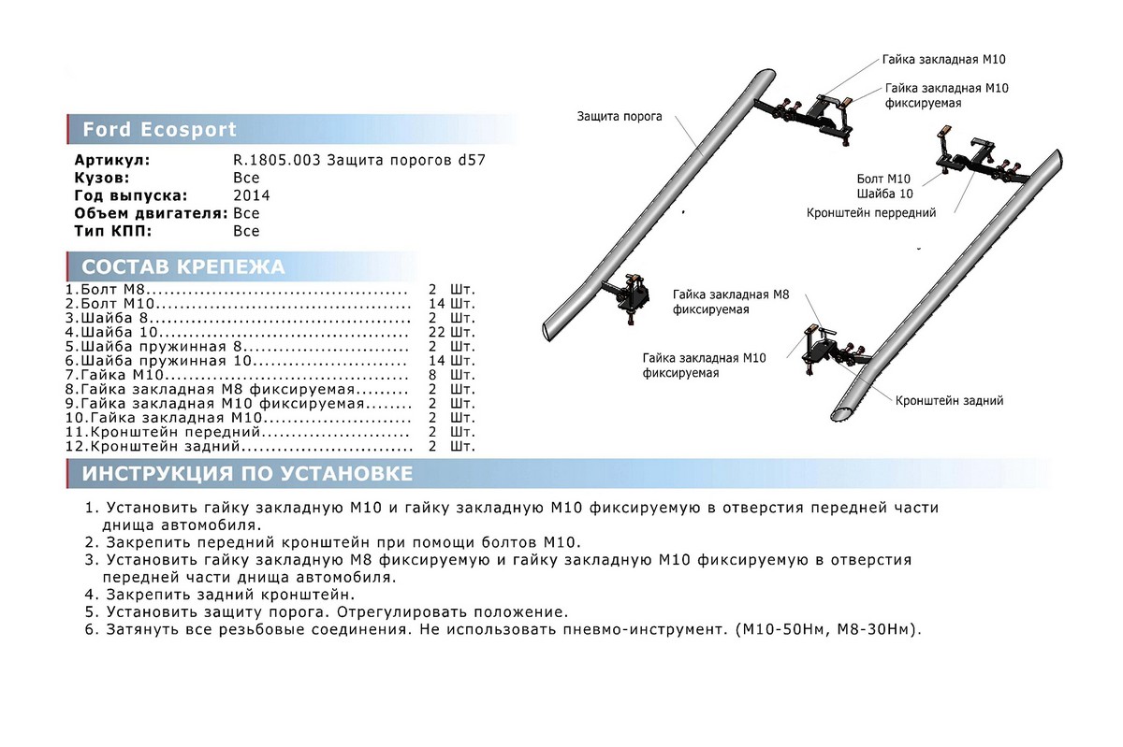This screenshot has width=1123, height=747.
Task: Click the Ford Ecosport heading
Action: pyautogui.click(x=160, y=129)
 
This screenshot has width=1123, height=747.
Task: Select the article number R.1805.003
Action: pyautogui.click(x=277, y=161)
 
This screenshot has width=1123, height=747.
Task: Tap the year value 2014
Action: pyautogui.click(x=252, y=195)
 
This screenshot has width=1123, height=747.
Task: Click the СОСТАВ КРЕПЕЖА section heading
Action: pyautogui.click(x=183, y=266)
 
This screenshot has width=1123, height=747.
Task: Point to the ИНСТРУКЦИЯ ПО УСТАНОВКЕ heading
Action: pyautogui.click(x=247, y=473)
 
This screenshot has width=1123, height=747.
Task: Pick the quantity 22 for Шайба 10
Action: pyautogui.click(x=436, y=333)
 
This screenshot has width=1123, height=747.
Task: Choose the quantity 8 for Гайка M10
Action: pyautogui.click(x=432, y=375)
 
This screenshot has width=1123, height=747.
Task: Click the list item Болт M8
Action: pyautogui.click(x=108, y=291)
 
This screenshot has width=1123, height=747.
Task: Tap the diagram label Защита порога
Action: pyautogui.click(x=620, y=117)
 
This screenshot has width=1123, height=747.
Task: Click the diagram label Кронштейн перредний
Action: pyautogui.click(x=871, y=213)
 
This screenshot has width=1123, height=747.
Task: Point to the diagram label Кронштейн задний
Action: pyautogui.click(x=949, y=401)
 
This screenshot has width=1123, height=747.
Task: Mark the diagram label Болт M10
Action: pyautogui.click(x=883, y=178)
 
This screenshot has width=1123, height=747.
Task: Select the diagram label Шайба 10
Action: pyautogui.click(x=884, y=193)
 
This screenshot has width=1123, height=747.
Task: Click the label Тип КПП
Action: pyautogui.click(x=112, y=231)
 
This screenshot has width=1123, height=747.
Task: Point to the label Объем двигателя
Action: pyautogui.click(x=150, y=213)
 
